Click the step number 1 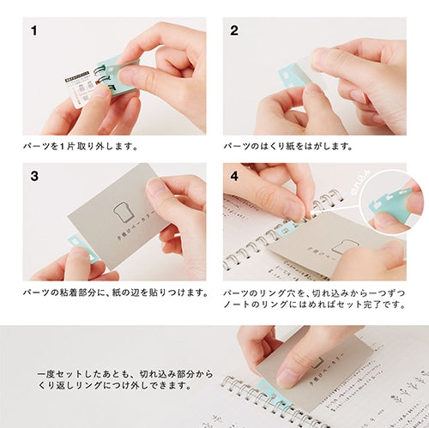(x=34, y=33)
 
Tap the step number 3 (x=34, y=178)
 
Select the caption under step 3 (x=116, y=292)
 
